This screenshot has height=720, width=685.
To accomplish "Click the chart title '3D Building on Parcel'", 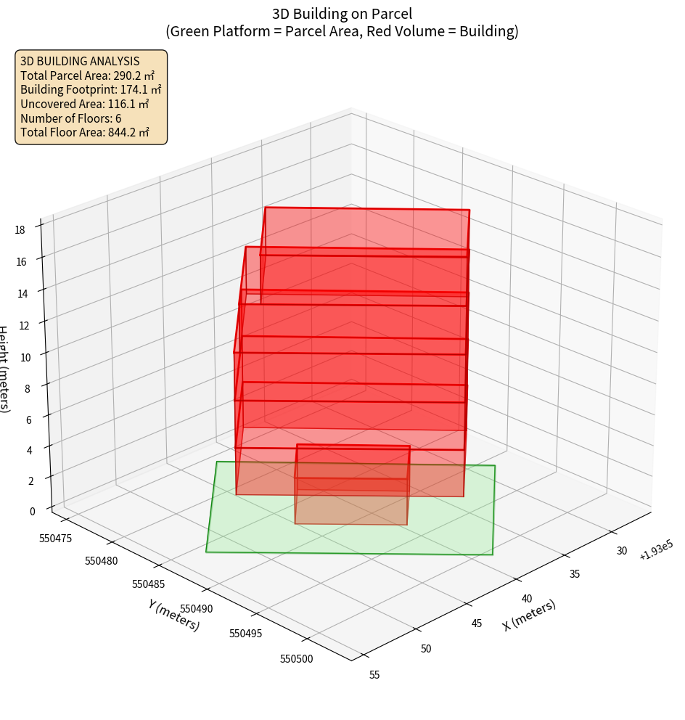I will [x=342, y=13].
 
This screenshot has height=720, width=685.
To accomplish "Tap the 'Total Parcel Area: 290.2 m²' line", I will [x=88, y=75].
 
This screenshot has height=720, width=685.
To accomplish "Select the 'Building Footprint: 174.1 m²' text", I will [x=91, y=90].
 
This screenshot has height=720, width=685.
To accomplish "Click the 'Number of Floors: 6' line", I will [x=71, y=118].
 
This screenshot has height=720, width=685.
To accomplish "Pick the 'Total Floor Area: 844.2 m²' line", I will [x=85, y=133].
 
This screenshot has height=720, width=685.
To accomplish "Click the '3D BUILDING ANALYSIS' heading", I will [x=80, y=61].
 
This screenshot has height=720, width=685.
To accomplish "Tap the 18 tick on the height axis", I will [x=20, y=229].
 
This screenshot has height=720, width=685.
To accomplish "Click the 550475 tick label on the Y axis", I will [x=55, y=538].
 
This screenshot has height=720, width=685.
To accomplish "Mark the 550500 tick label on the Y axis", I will [x=296, y=658].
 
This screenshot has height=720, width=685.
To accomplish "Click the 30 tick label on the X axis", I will [x=622, y=551].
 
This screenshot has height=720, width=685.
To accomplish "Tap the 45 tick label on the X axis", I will [x=477, y=623].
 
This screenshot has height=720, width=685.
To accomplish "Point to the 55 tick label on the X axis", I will [x=374, y=675].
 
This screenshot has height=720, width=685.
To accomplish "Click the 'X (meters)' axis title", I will [x=529, y=615].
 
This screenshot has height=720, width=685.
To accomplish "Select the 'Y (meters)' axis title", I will [x=173, y=615].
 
